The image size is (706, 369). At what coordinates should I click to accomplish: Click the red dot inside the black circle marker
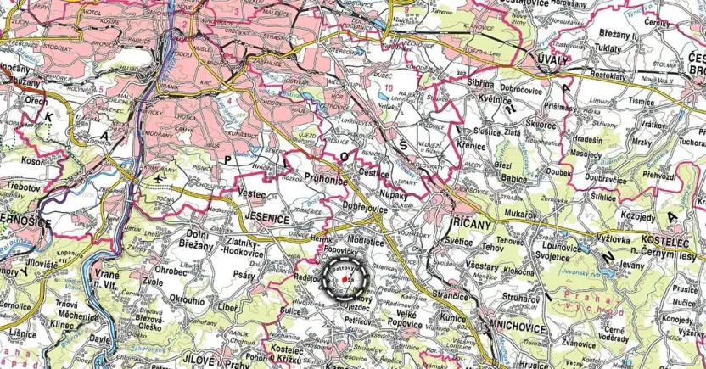(x=343, y=278)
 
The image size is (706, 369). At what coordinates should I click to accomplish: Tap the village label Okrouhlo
(x=187, y=299)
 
